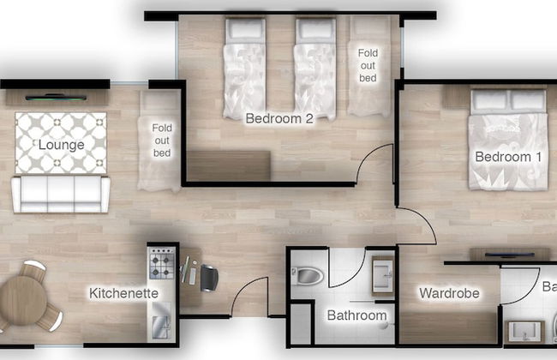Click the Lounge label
pyautogui.click(x=61, y=145)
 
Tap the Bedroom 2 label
pyautogui.click(x=278, y=118)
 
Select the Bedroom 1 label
pyautogui.click(x=509, y=157)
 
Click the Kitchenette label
pyautogui.click(x=124, y=293)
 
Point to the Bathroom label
pyautogui.click(x=356, y=315)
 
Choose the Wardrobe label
pyautogui.click(x=447, y=293)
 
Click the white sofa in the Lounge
pyautogui.click(x=60, y=194)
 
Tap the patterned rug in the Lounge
pyautogui.click(x=61, y=141)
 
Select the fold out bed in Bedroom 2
pyautogui.click(x=368, y=69)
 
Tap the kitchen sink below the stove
pyautogui.click(x=161, y=327)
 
